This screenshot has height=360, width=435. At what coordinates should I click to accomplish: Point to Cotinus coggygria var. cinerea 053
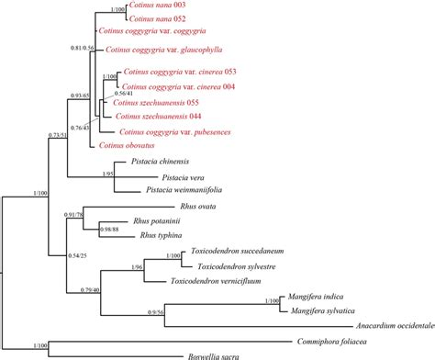click(x=193, y=73)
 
